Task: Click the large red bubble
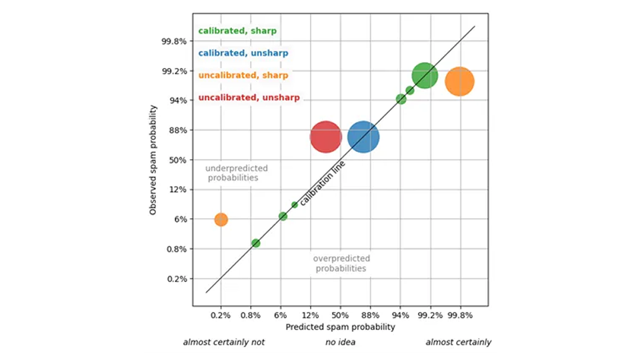326,137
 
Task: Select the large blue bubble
363,137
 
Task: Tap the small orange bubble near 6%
221,219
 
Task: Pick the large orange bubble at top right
459,82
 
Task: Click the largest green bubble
425,75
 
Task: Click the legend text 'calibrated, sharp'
237,31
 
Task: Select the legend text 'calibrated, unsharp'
243,53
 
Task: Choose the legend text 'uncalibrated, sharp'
243,75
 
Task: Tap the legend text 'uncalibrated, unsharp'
249,98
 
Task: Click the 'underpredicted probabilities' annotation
232,173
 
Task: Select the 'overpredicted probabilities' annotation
341,263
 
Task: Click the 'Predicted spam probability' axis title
340,327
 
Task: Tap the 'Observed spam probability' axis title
153,159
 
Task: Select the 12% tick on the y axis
177,189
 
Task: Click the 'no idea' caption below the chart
340,343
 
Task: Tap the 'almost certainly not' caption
224,343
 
